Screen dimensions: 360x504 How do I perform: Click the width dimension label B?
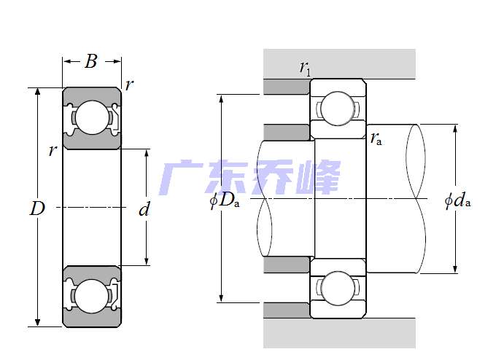tap(91, 61)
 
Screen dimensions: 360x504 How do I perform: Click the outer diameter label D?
tap(37, 209)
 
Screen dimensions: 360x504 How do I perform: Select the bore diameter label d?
tap(144, 210)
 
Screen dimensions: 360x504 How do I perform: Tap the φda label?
tap(457, 200)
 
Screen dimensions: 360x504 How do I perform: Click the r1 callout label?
tap(305, 69)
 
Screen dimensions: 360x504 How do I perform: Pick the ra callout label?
tap(376, 138)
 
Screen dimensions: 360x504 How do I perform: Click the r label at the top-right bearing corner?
tap(129, 85)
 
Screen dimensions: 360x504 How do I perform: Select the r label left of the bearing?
tap(52, 151)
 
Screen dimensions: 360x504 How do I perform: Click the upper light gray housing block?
tap(339, 63)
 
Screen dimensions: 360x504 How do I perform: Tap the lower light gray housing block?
tap(339, 333)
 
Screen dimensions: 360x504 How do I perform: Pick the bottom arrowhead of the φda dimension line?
tap(456, 269)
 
